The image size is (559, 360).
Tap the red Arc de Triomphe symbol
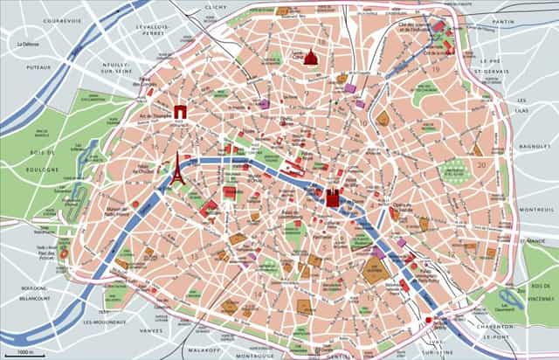click(x=180, y=111)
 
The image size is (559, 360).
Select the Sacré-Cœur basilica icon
click(x=307, y=58)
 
